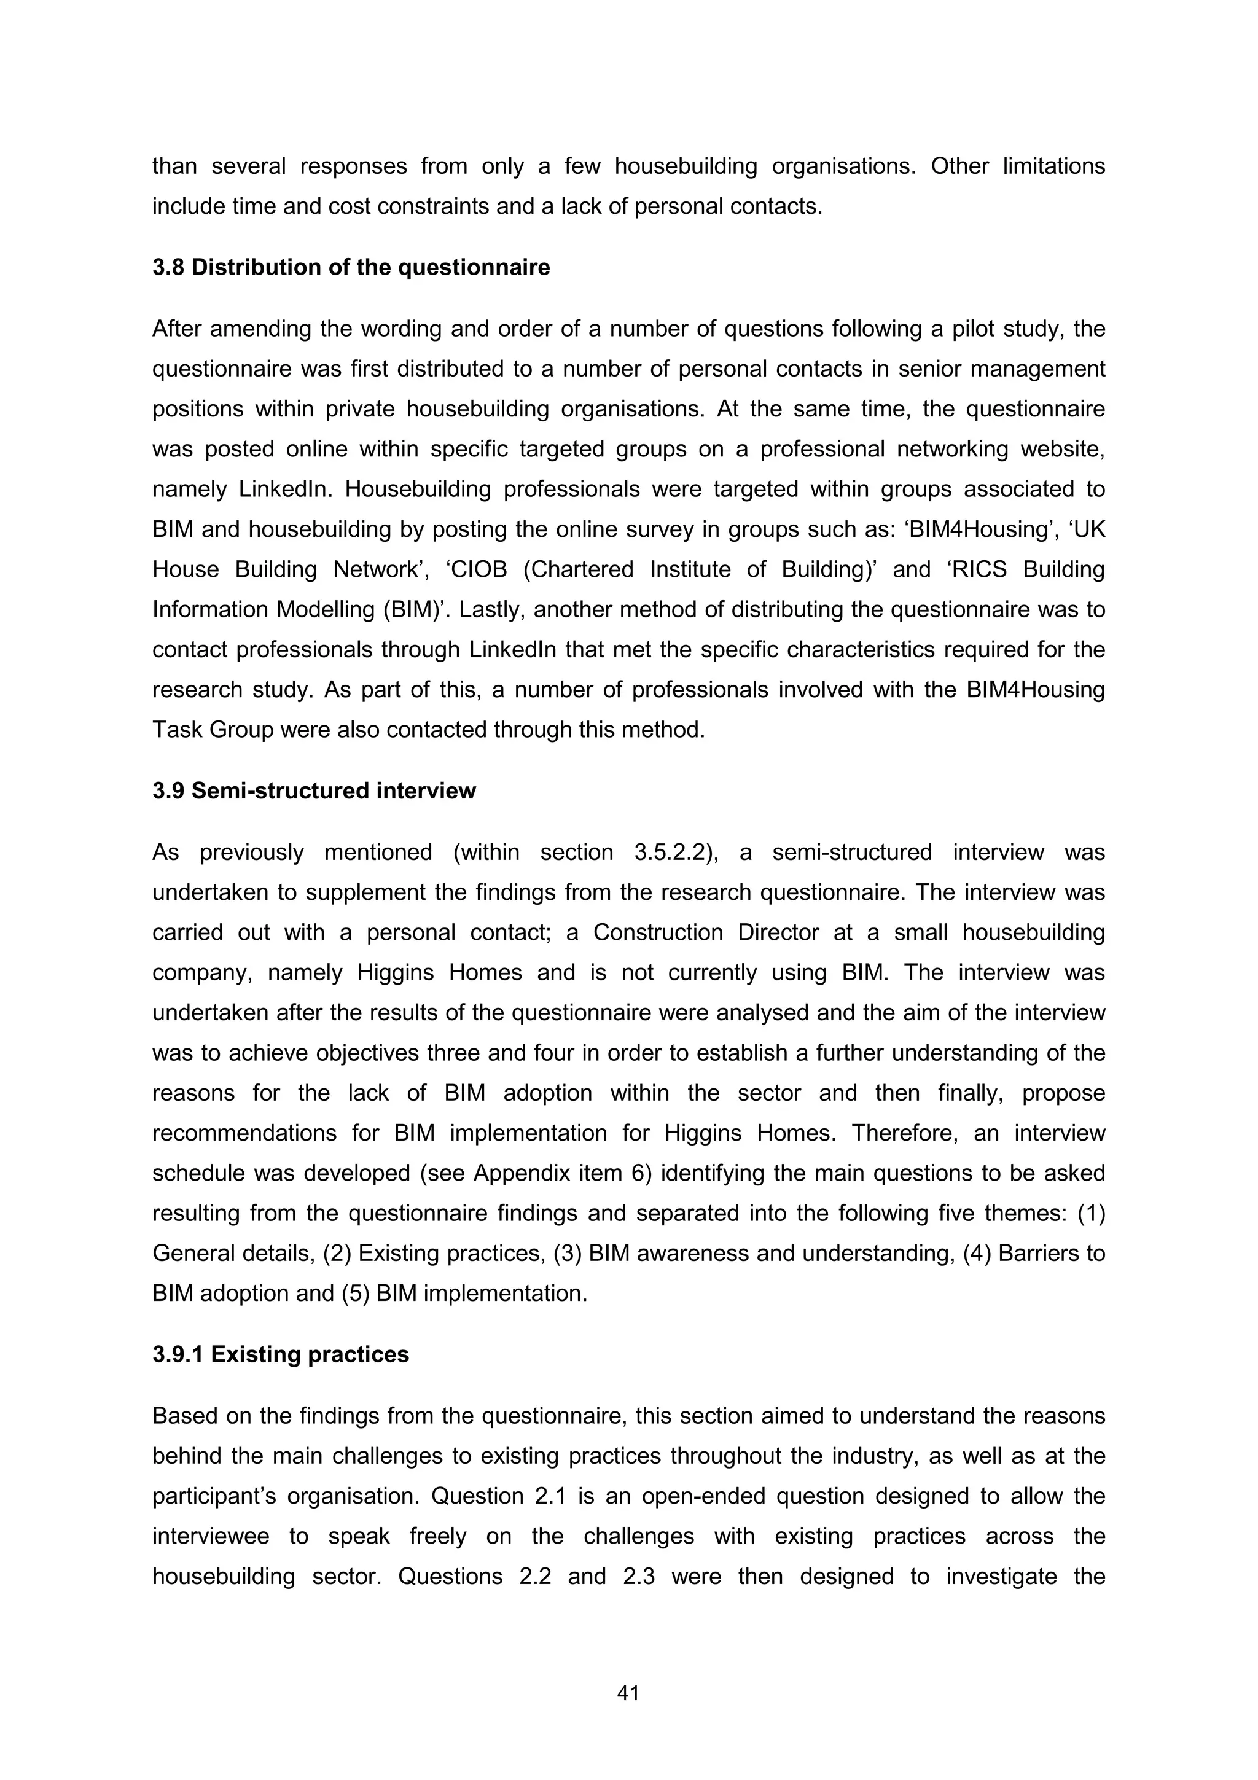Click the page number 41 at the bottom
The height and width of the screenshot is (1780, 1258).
point(628,1693)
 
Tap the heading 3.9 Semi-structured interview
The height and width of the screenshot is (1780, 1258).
point(314,790)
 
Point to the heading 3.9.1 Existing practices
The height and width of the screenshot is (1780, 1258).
point(281,1354)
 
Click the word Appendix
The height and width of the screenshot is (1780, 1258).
point(518,1173)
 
